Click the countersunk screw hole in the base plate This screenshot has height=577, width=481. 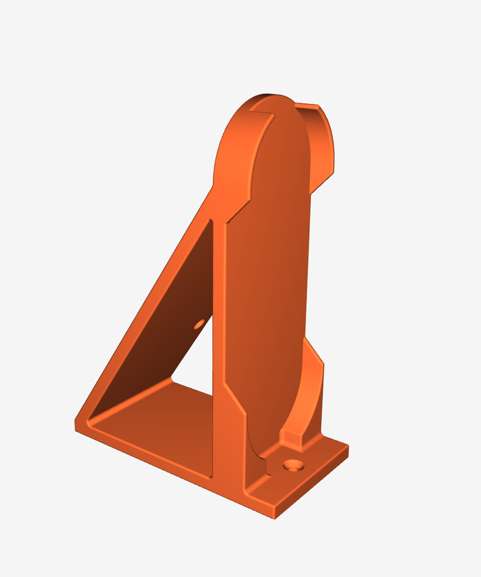point(294,464)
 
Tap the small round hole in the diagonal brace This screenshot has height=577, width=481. point(200,324)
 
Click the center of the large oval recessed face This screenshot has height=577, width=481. point(271,277)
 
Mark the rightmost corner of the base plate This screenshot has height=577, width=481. point(347,447)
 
